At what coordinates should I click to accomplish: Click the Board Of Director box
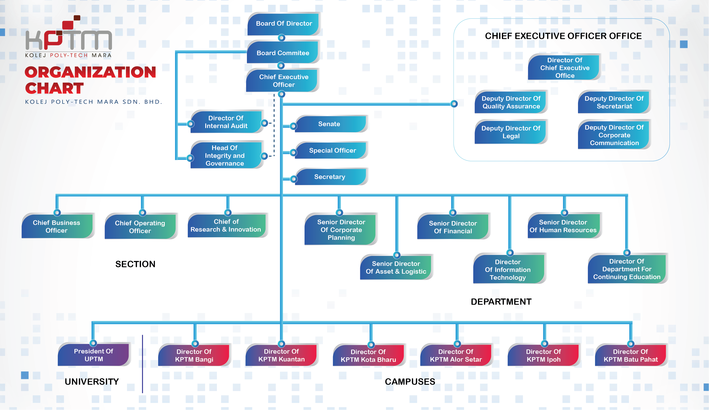pyautogui.click(x=284, y=24)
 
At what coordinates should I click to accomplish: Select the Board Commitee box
pyautogui.click(x=283, y=53)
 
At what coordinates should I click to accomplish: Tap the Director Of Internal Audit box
pyautogui.click(x=226, y=122)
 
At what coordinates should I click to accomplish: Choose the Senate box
pyautogui.click(x=329, y=124)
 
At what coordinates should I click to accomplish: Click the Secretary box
pyautogui.click(x=329, y=177)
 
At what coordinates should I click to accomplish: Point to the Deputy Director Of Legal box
pyautogui.click(x=511, y=132)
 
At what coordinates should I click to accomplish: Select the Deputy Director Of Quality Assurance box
pyautogui.click(x=511, y=102)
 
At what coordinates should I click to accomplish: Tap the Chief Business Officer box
pyautogui.click(x=57, y=226)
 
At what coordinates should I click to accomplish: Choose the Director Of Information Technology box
pyautogui.click(x=508, y=269)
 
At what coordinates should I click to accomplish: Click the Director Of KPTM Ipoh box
pyautogui.click(x=543, y=355)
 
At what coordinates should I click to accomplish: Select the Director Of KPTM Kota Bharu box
pyautogui.click(x=368, y=356)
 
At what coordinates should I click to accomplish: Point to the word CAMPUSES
pyautogui.click(x=410, y=382)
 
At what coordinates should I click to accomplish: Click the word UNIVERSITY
pyautogui.click(x=92, y=382)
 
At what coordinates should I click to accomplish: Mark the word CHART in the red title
pyautogui.click(x=54, y=88)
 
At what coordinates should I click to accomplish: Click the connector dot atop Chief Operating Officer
pyautogui.click(x=142, y=213)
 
